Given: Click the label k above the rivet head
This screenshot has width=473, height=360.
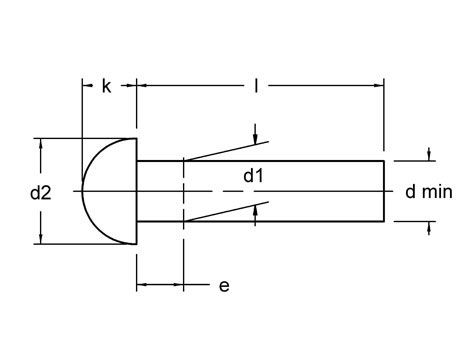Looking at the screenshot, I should pos(107,86).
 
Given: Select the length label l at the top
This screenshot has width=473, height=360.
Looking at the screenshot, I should pos(258,86).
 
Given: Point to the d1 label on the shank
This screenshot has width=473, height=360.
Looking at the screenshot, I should pos(255,177).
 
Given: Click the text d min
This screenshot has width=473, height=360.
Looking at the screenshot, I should pos(430,190).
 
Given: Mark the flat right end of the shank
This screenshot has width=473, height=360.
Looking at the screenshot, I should pos(384,190).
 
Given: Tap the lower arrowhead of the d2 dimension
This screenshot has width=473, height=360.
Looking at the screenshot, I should pos(40,237).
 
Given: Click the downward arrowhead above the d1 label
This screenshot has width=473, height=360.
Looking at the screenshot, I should pos(256,138).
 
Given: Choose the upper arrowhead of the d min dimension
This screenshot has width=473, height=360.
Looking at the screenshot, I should pos(430,156).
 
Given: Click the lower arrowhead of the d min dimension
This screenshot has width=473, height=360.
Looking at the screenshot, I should pos(430,225).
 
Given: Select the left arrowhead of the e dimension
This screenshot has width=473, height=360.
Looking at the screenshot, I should pos(142,286).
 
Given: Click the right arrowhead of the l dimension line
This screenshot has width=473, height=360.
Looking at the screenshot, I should pos(379,86).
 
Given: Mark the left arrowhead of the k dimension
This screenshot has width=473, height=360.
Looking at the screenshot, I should pos(86,86).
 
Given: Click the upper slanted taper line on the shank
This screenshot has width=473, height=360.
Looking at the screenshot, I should pos(220,150).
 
